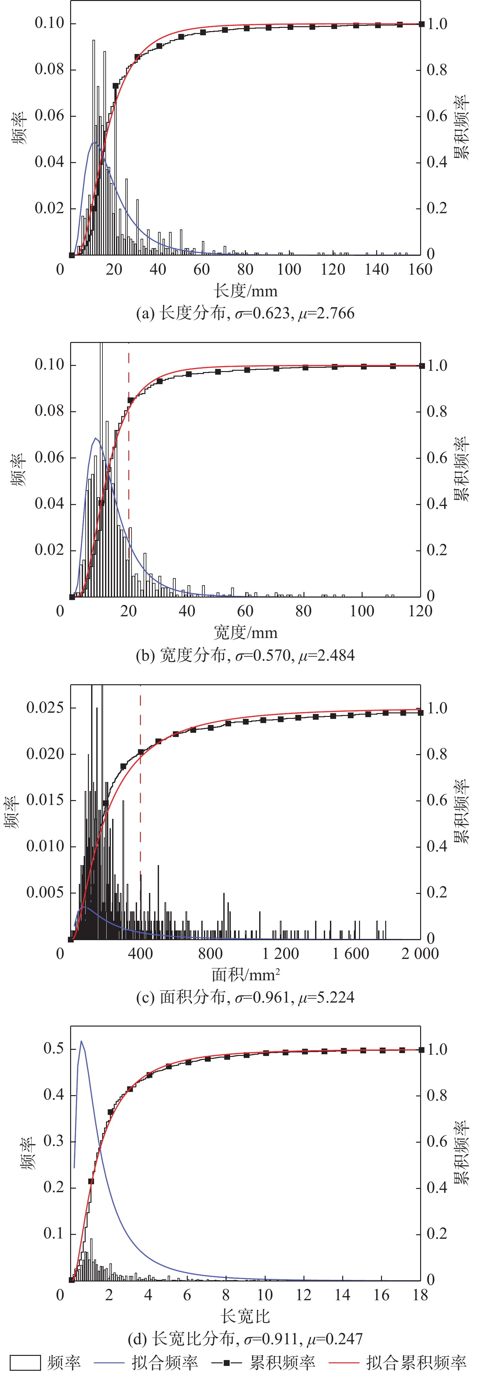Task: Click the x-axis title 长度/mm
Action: pos(246,291)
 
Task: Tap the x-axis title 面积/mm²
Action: pos(246,975)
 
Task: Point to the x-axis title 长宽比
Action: pos(245,1316)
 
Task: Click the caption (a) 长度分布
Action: pos(245,313)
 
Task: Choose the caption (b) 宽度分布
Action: pos(245,655)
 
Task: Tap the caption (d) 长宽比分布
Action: pos(245,1339)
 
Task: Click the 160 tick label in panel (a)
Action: pos(420,269)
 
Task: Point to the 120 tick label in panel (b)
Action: pos(420,611)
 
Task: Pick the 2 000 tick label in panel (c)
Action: pos(420,954)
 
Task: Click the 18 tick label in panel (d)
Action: pos(420,1295)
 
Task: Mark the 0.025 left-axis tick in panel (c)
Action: pos(45,708)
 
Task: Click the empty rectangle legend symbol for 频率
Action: pos(26,1363)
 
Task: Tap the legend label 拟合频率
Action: pos(165,1363)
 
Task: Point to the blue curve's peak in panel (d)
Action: pos(81,1041)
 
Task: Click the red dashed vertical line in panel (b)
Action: pos(129,480)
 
